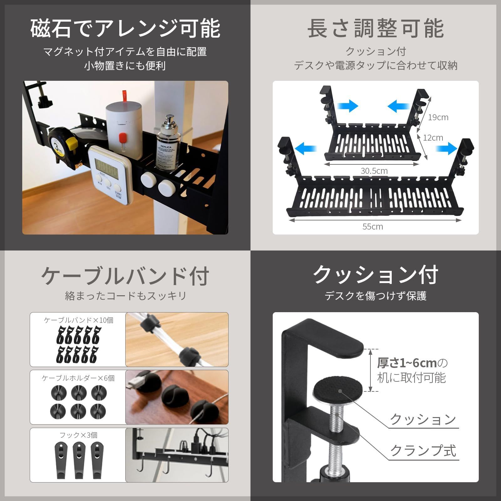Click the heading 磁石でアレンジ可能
click(x=125, y=29)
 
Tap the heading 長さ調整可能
click(x=375, y=29)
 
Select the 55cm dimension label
click(x=373, y=226)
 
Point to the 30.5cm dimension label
click(x=374, y=171)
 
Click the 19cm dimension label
click(x=438, y=117)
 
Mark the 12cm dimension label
click(x=433, y=138)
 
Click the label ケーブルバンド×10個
click(x=78, y=320)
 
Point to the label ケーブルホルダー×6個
click(x=78, y=378)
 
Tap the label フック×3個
click(x=78, y=435)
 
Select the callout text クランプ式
click(x=423, y=451)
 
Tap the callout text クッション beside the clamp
click(x=423, y=419)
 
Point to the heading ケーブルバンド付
click(x=125, y=276)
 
